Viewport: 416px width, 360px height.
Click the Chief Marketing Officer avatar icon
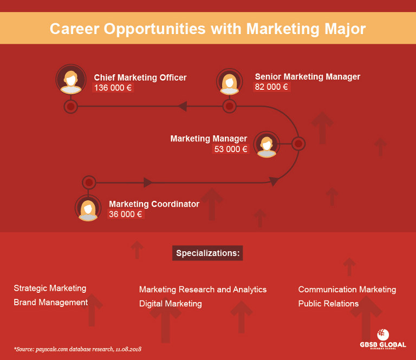pyautogui.click(x=71, y=79)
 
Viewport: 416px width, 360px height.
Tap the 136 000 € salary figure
pyautogui.click(x=113, y=88)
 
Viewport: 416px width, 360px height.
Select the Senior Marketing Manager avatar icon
pyautogui.click(x=230, y=82)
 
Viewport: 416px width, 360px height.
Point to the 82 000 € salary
pyautogui.click(x=271, y=87)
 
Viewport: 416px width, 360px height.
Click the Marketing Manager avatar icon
pyautogui.click(x=266, y=145)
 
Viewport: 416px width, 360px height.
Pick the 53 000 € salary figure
pyautogui.click(x=231, y=149)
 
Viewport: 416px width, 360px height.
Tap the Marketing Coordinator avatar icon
pyautogui.click(x=88, y=208)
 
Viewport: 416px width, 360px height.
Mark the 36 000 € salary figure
pyautogui.click(x=126, y=214)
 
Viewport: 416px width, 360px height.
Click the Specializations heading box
pyautogui.click(x=207, y=253)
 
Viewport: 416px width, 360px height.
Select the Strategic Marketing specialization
pyautogui.click(x=50, y=288)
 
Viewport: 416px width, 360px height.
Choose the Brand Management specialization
pyautogui.click(x=51, y=302)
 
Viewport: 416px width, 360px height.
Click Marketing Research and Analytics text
pyautogui.click(x=203, y=290)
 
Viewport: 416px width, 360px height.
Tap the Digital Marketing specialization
pyautogui.click(x=170, y=304)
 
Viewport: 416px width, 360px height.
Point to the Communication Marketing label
pyautogui.click(x=347, y=290)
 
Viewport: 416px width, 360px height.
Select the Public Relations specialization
pyautogui.click(x=328, y=304)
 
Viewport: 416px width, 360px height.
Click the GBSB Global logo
pyautogui.click(x=383, y=339)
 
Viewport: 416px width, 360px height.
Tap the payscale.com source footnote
pyautogui.click(x=77, y=349)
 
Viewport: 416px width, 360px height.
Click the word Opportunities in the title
pyautogui.click(x=155, y=29)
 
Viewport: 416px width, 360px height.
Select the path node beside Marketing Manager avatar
pyautogui.click(x=298, y=143)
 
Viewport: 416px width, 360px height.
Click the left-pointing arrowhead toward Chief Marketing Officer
pyautogui.click(x=182, y=106)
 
